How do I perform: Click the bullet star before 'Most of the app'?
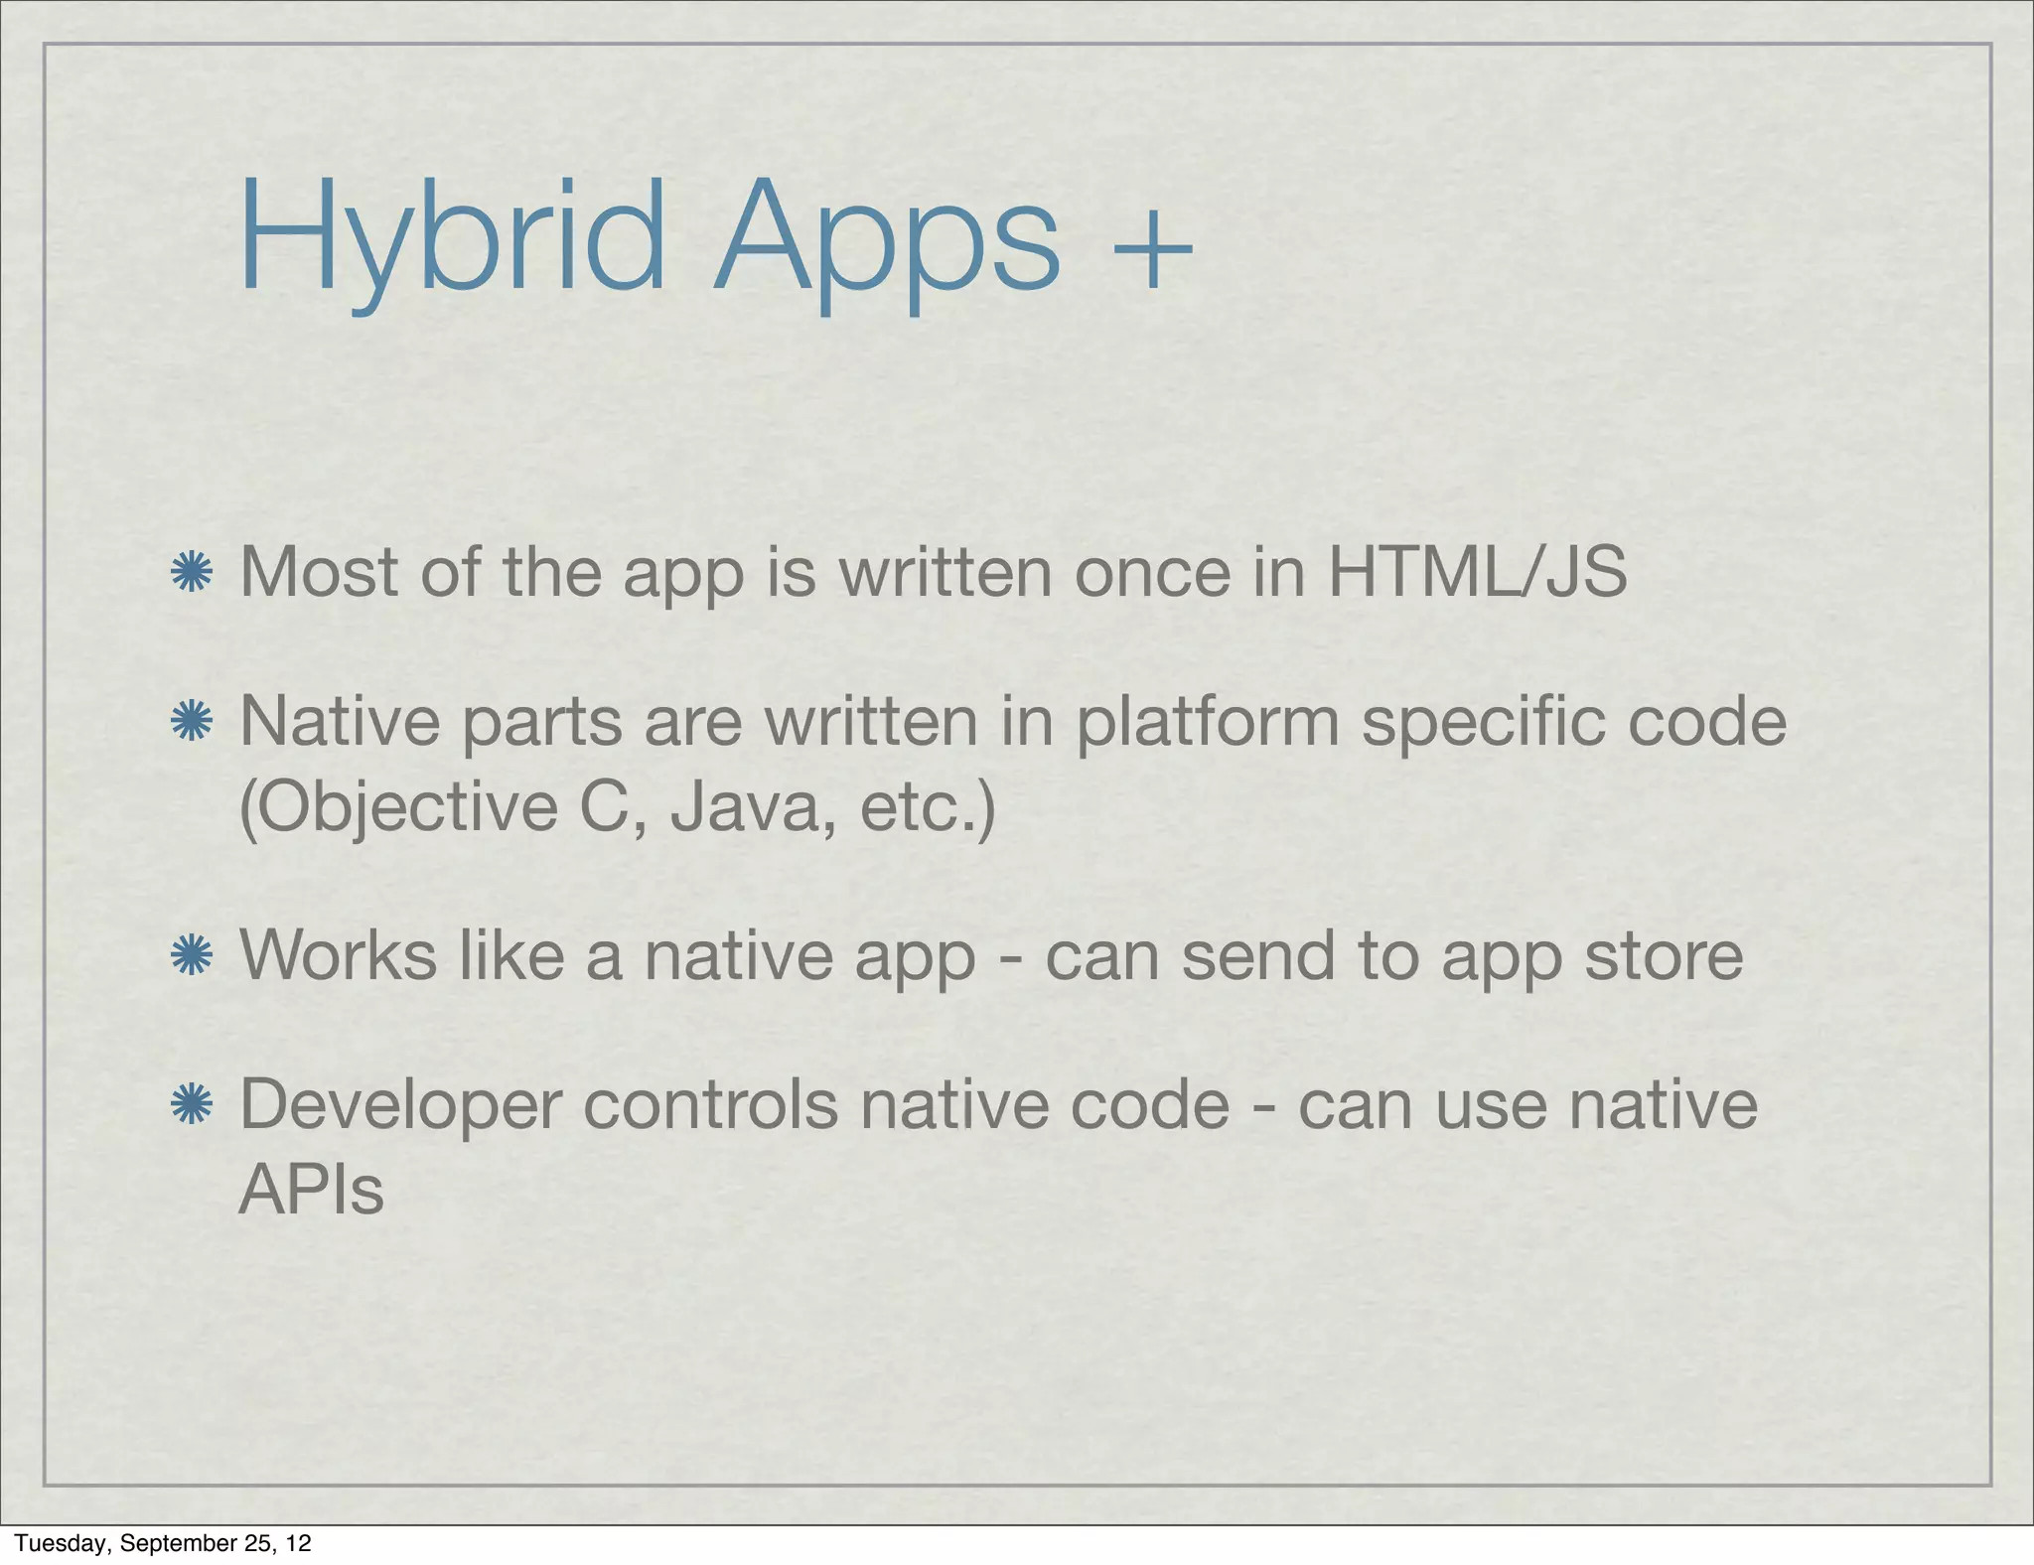coord(191,573)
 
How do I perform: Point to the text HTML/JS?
coord(1477,573)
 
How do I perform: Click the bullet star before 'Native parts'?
coord(191,721)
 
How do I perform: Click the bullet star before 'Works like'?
coord(191,955)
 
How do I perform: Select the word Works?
coord(339,955)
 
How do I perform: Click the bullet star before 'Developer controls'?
coord(191,1104)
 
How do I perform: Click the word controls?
coord(710,1104)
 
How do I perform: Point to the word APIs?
coord(311,1190)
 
